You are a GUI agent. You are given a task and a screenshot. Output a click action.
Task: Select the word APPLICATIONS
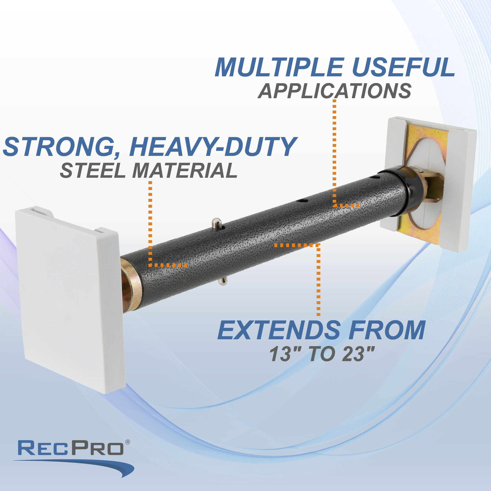(334, 91)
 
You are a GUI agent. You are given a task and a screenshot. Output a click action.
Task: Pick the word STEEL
(93, 171)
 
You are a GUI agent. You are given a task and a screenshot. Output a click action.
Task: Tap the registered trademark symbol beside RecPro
(128, 442)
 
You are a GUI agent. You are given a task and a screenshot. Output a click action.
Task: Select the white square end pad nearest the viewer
(69, 297)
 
